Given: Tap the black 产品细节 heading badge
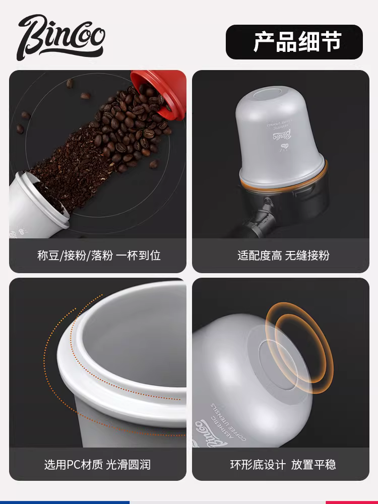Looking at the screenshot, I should click(294, 42).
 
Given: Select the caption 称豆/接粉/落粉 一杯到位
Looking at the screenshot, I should click(99, 256).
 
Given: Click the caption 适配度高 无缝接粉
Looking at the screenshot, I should click(283, 256).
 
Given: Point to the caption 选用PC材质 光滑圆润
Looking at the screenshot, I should click(97, 464).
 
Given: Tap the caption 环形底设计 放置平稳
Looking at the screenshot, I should click(283, 464).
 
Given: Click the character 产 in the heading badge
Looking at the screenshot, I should click(263, 42).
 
